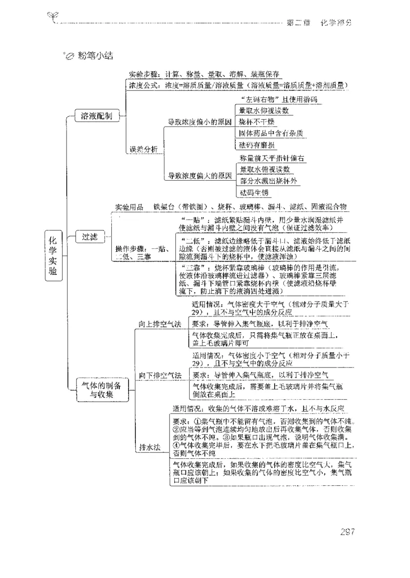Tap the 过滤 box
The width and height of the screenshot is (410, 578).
(90, 237)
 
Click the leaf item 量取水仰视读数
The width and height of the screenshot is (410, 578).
(264, 110)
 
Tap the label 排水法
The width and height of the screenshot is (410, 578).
(150, 446)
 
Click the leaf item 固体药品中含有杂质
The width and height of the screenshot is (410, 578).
(271, 134)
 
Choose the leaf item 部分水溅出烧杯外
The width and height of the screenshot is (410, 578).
(268, 181)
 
